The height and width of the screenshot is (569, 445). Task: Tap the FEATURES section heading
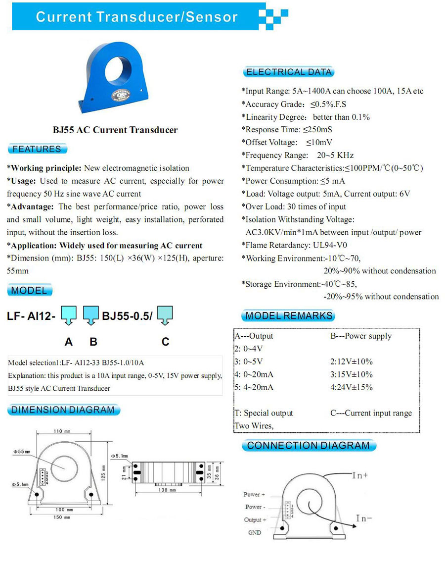point(37,149)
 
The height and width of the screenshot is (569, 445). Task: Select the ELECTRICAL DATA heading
point(289,72)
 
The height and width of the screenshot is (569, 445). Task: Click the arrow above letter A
point(68,315)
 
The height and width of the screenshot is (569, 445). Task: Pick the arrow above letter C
point(165,315)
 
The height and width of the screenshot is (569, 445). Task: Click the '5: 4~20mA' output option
point(254,387)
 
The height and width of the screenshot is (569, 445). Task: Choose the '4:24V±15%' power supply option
point(352,387)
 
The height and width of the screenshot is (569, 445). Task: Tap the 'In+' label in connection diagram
point(360,475)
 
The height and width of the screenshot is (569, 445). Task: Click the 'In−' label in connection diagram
point(364,518)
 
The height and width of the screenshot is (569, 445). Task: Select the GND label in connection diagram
point(255,533)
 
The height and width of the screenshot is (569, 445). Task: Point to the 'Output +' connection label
point(255,520)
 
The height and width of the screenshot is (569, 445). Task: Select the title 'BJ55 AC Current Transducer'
point(115,130)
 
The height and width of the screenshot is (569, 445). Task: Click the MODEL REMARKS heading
point(289,316)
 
